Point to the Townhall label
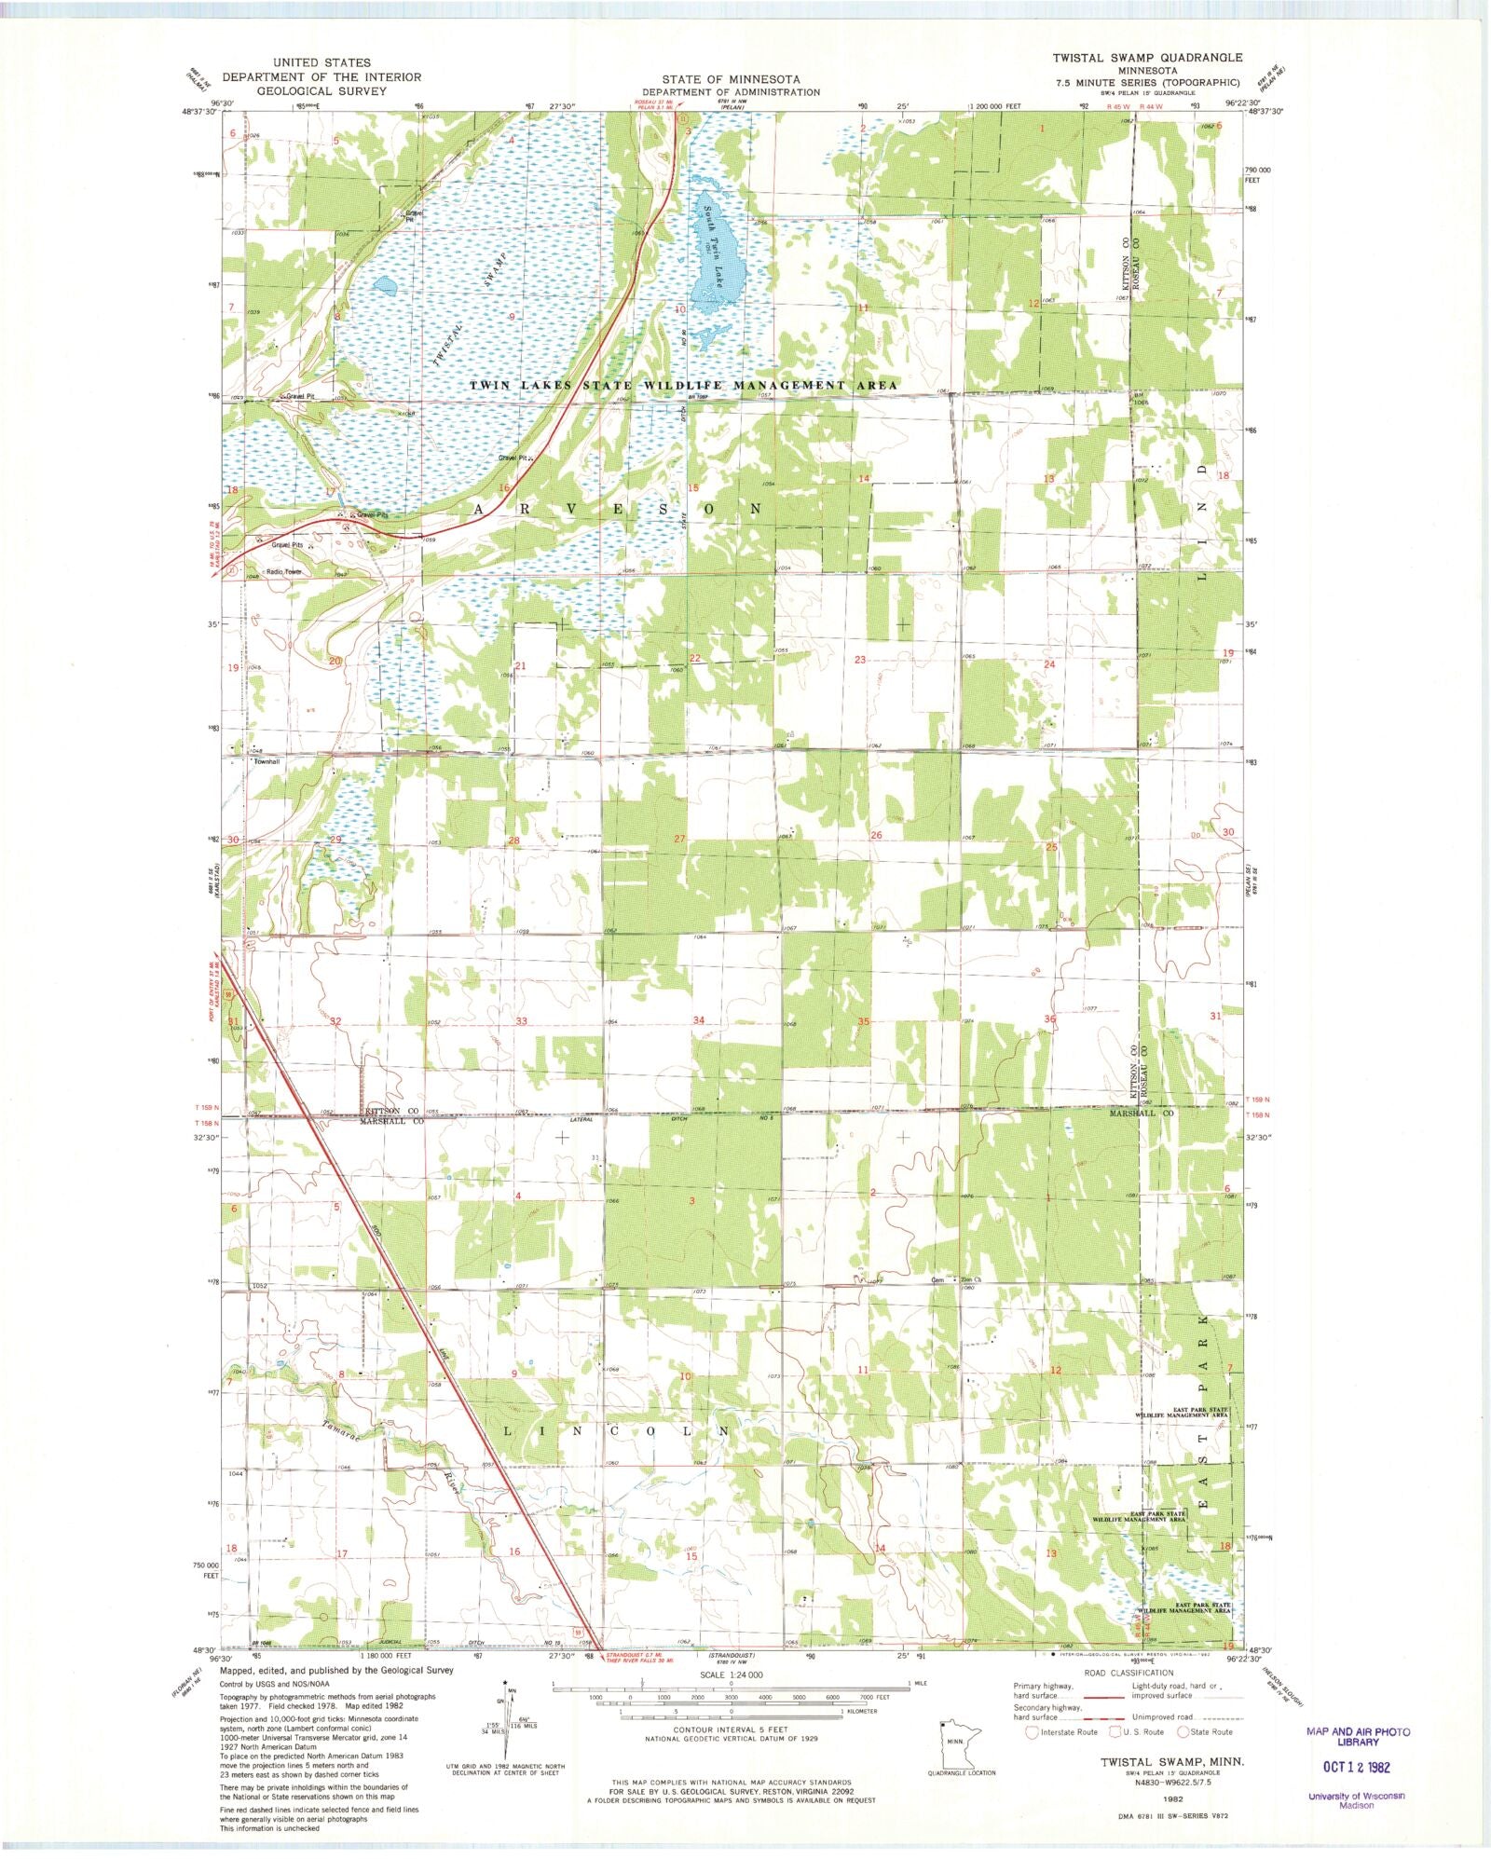pyautogui.click(x=267, y=761)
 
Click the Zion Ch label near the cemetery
pyautogui.click(x=971, y=1279)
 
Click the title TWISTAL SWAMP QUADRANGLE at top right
pyautogui.click(x=1147, y=58)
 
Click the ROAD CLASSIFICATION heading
pyautogui.click(x=1129, y=1673)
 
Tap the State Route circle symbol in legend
pyautogui.click(x=1183, y=1732)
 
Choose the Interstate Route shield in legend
pyautogui.click(x=1032, y=1732)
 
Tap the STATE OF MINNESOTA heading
pyautogui.click(x=731, y=79)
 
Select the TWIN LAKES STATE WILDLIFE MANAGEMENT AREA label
pyautogui.click(x=683, y=385)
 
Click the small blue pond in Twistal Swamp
pyautogui.click(x=384, y=285)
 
